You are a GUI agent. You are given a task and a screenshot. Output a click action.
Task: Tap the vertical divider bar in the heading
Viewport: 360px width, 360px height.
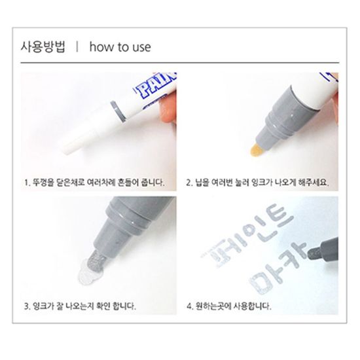pos(77,46)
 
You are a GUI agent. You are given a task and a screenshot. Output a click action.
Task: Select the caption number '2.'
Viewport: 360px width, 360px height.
pos(189,183)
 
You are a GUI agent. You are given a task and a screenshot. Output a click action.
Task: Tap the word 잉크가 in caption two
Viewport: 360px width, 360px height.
pos(262,183)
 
